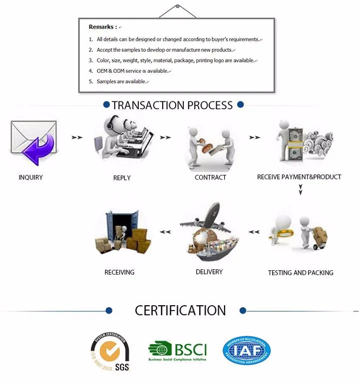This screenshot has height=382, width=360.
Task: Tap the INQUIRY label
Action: pyautogui.click(x=30, y=178)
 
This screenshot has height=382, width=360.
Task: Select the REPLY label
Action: pyautogui.click(x=122, y=178)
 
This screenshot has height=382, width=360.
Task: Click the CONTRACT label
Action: pyautogui.click(x=210, y=178)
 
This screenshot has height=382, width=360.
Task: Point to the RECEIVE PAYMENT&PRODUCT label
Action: pyautogui.click(x=299, y=177)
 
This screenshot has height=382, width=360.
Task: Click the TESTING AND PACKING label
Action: pyautogui.click(x=301, y=273)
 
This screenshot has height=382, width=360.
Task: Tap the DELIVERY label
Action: pyautogui.click(x=209, y=272)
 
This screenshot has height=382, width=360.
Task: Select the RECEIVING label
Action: pyautogui.click(x=119, y=272)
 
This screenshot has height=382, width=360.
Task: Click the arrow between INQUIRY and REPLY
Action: pyautogui.click(x=76, y=137)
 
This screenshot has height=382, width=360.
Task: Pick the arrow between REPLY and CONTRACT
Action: pyautogui.click(x=165, y=137)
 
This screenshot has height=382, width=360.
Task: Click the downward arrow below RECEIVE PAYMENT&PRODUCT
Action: pyautogui.click(x=301, y=190)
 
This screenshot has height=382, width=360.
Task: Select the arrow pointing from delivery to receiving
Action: pyautogui.click(x=165, y=231)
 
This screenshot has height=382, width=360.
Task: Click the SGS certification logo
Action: pyautogui.click(x=109, y=354)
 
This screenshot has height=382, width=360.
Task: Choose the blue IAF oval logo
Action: pyautogui.click(x=246, y=351)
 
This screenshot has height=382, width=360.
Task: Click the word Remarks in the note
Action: pyautogui.click(x=102, y=27)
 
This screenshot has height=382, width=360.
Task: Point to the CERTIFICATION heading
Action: pyautogui.click(x=180, y=310)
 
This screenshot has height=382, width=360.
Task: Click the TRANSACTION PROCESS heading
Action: pyautogui.click(x=172, y=105)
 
